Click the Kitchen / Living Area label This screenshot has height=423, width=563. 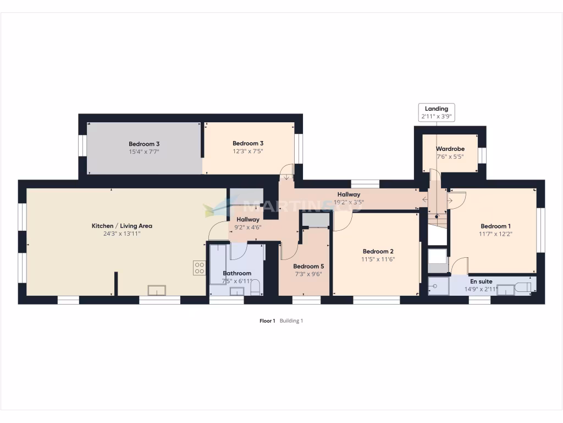point(122,226)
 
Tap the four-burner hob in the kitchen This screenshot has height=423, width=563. point(199,268)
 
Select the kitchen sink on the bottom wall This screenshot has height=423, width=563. point(157,290)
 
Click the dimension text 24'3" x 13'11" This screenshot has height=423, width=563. point(122,234)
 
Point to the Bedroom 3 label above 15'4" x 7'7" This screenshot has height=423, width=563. point(144,144)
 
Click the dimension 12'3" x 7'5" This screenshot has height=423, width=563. point(247,151)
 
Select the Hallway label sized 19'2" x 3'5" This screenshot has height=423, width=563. point(349,194)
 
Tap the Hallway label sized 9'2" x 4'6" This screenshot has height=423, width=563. point(248,220)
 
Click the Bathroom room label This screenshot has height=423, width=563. point(237,273)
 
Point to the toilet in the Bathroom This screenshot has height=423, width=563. point(255,288)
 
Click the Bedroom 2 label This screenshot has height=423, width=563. point(378,252)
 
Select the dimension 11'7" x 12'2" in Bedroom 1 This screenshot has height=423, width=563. point(495,234)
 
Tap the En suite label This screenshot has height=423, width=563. point(481,281)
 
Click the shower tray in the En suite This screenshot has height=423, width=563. point(438,286)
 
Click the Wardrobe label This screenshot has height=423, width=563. point(450,149)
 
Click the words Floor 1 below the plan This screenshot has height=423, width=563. point(267,321)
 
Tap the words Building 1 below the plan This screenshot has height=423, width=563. point(291,321)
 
